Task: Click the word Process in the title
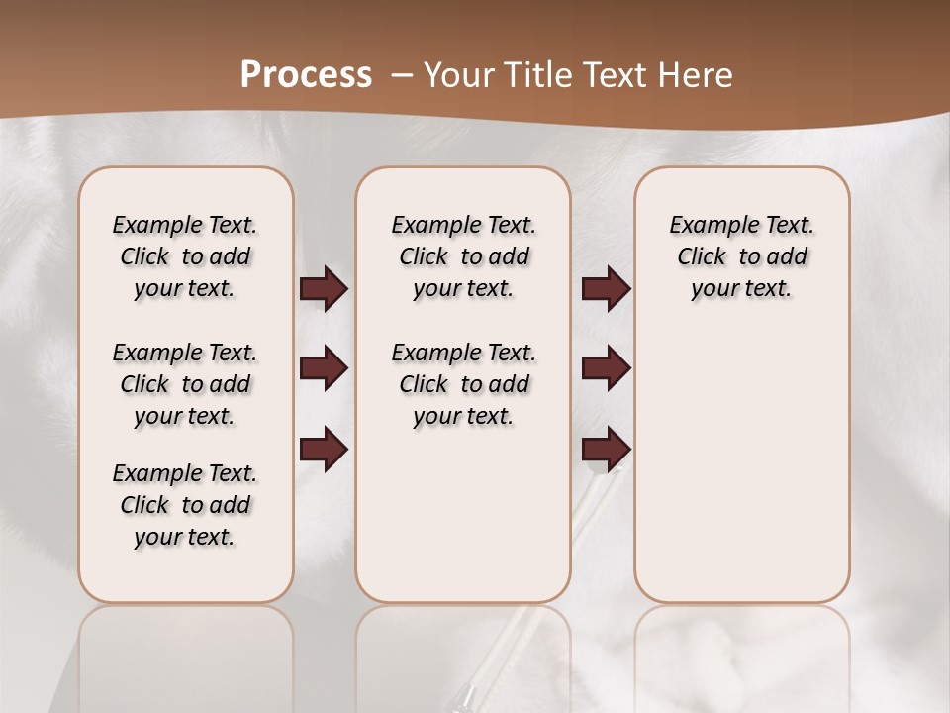coord(306,75)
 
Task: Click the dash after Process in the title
coord(402,76)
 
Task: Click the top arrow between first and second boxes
coord(324,289)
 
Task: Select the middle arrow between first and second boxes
coord(324,368)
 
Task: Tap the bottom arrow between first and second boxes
coord(324,450)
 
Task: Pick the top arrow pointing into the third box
coord(606,289)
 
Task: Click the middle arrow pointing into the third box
coord(606,368)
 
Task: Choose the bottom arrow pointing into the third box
coord(606,450)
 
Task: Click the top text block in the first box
coord(185,256)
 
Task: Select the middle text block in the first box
coord(185,384)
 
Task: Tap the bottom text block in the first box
coord(185,505)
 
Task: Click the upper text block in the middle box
coord(463,256)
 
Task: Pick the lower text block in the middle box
coord(463,384)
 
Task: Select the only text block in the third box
coord(741,256)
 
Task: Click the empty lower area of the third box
coord(741,465)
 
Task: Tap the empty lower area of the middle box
coord(463,515)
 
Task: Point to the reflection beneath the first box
coord(185,654)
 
